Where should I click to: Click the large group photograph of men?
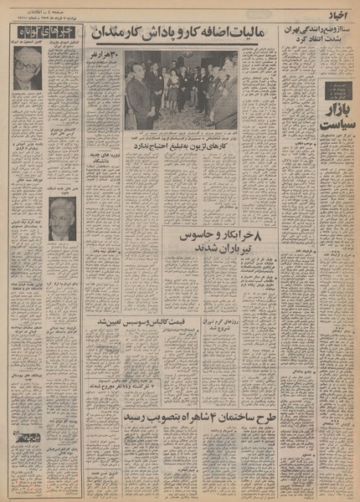(x=180, y=90)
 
